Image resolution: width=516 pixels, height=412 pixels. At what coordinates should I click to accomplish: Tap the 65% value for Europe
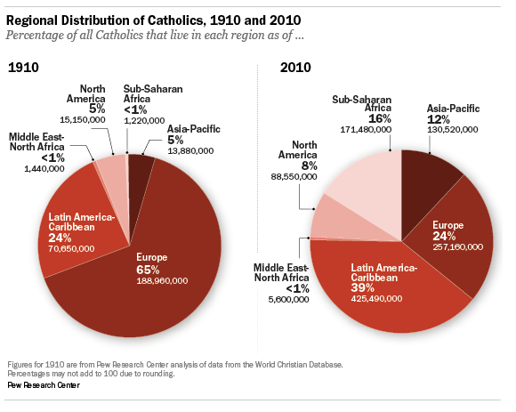148,270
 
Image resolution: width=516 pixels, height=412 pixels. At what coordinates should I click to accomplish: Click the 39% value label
362,287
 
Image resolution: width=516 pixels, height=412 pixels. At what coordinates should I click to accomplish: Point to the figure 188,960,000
162,281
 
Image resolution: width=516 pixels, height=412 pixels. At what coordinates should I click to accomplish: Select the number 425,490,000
376,299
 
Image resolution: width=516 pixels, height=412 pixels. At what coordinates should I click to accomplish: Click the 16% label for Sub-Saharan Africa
379,118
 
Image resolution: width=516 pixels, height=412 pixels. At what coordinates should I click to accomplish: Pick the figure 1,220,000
144,121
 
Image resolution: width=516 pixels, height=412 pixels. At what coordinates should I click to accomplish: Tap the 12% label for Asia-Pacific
439,119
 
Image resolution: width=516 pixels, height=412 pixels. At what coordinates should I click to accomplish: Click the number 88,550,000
294,177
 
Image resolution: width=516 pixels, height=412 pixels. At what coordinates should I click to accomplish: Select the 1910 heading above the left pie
23,68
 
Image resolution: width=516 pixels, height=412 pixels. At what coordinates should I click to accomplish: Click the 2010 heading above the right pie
295,68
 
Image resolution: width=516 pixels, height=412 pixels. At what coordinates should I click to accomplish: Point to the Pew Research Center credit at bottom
44,385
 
